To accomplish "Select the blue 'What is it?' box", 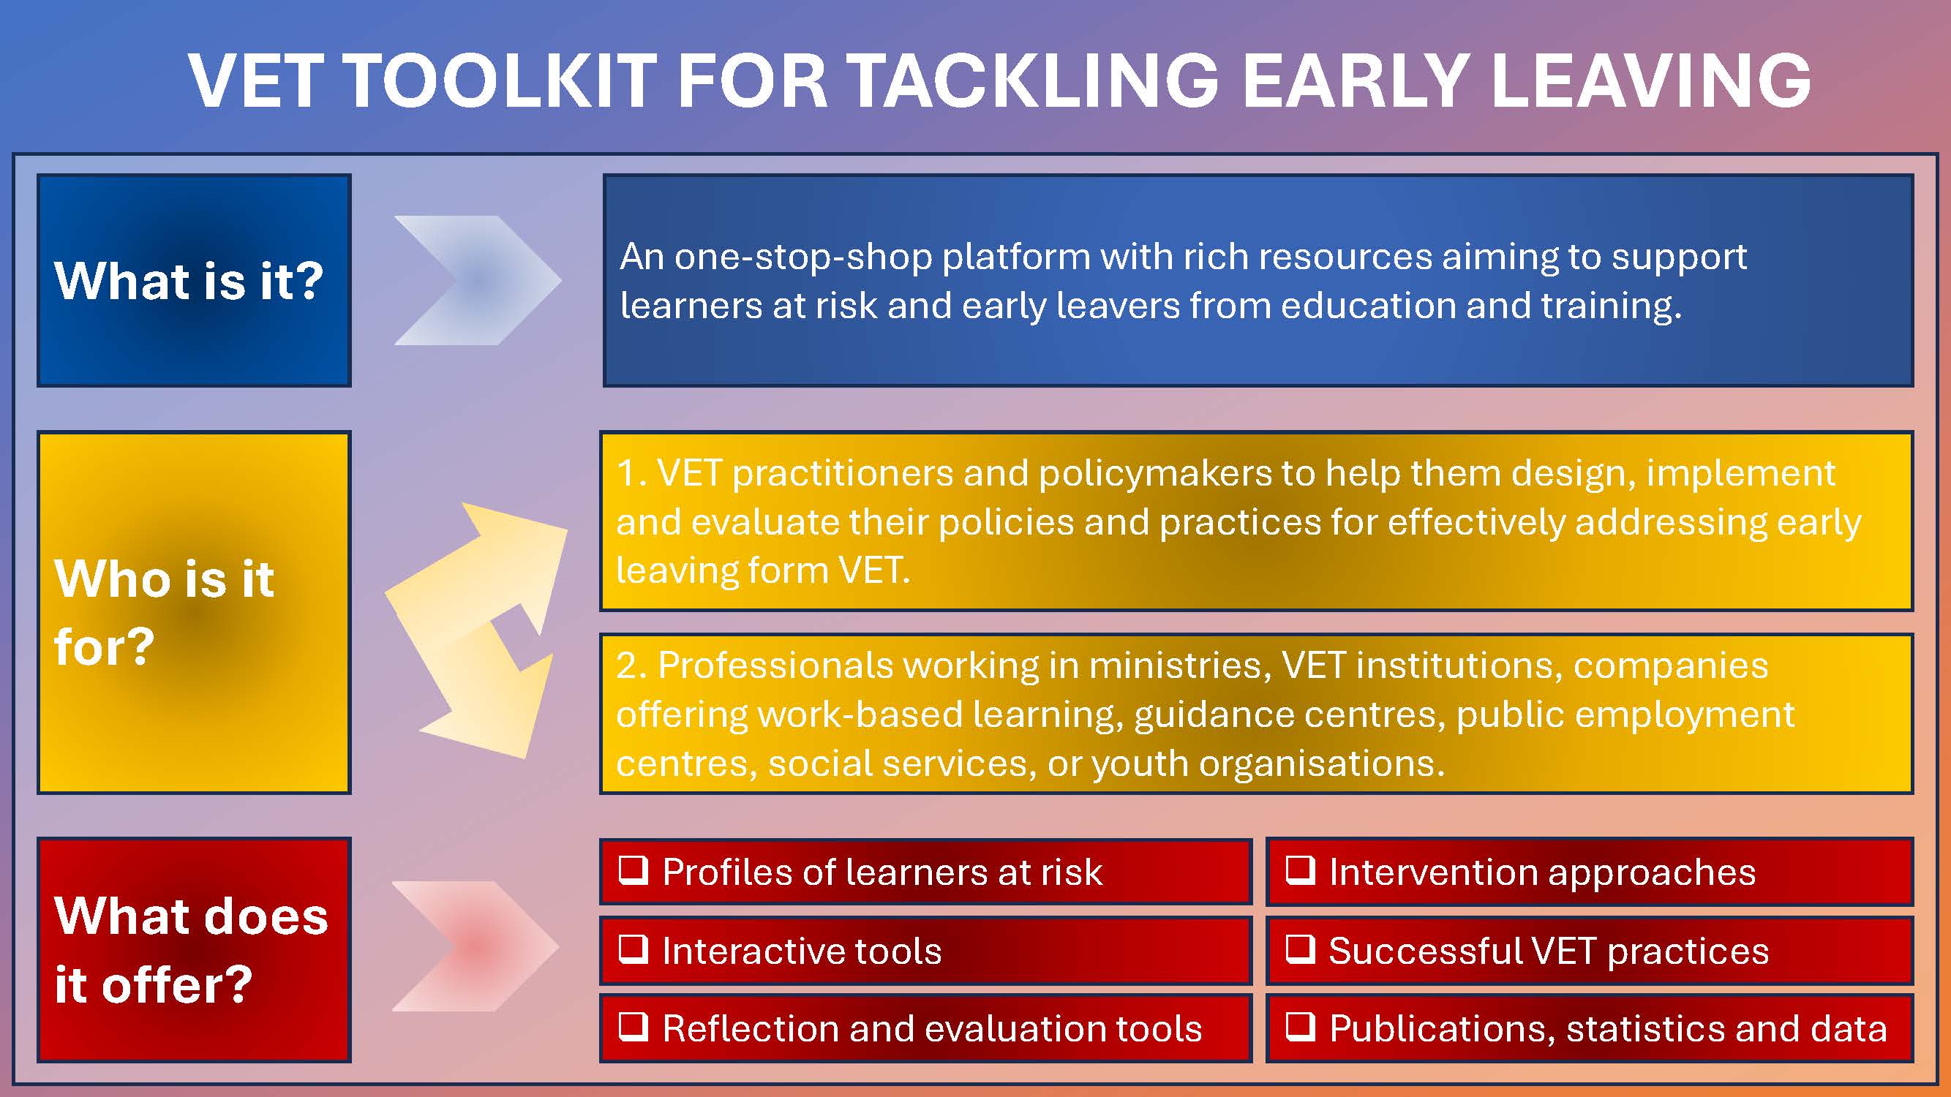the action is coord(194,280).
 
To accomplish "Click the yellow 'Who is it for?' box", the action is coord(194,612).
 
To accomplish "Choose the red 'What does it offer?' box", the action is coord(194,949).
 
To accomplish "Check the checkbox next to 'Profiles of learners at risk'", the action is coord(634,870).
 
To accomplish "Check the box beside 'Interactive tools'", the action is coord(634,949).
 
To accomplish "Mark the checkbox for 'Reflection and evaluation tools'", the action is coord(634,1027).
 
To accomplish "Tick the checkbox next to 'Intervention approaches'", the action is coord(1301,870).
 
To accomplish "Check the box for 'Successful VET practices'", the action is coord(1301,949).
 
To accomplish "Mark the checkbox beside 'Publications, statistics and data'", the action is coord(1301,1027).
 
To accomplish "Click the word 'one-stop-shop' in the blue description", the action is coord(802,258).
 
